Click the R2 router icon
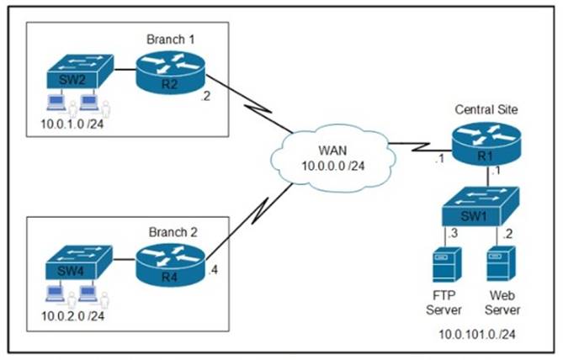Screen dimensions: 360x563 pos(169,71)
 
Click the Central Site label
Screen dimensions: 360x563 pos(486,109)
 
